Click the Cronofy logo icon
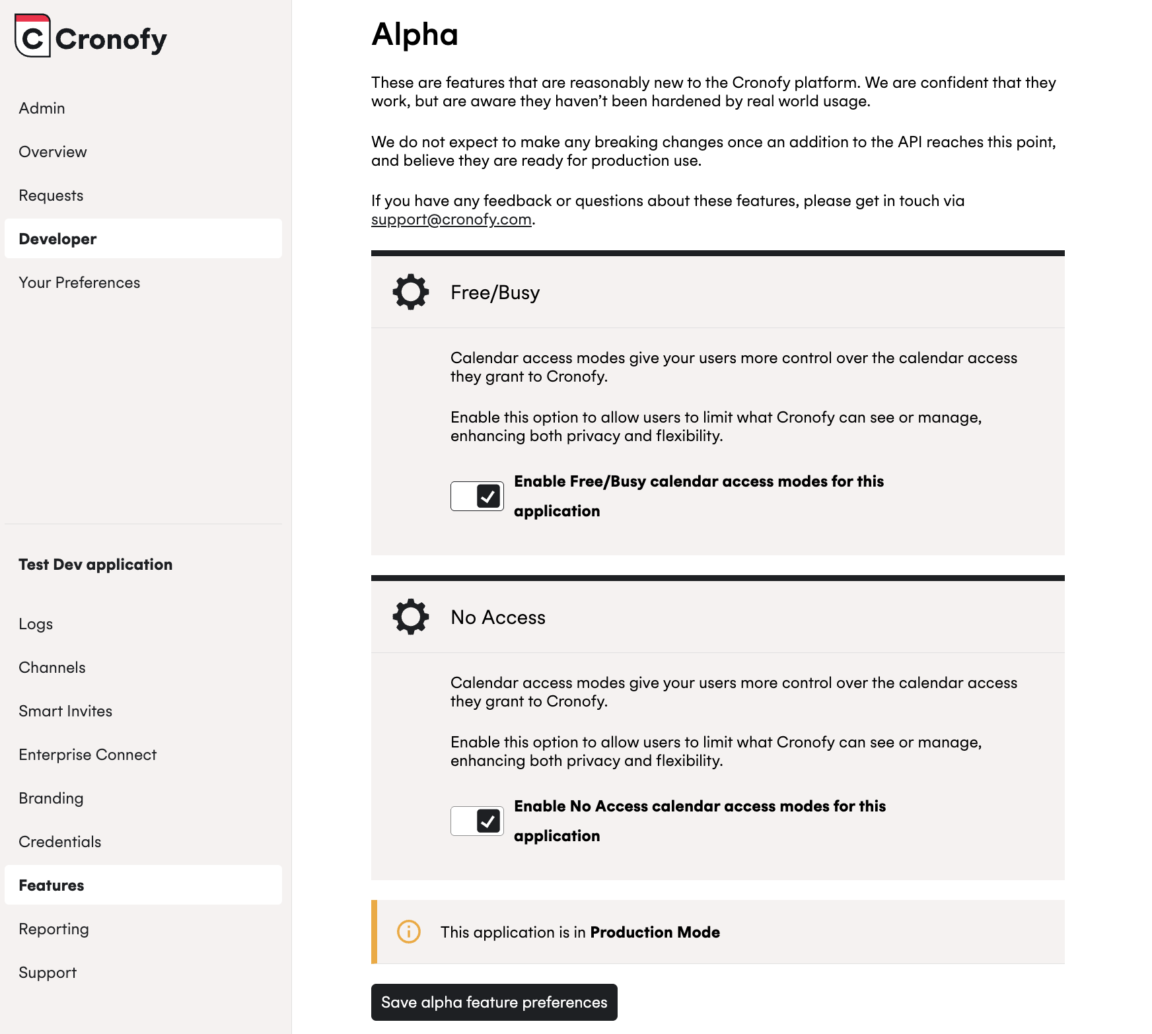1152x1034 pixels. click(32, 36)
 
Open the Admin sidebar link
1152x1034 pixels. click(42, 108)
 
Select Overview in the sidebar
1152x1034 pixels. click(53, 152)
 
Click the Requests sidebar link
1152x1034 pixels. click(51, 195)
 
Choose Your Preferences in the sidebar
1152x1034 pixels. click(79, 283)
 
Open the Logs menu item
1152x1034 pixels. click(36, 624)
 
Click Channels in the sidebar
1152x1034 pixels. click(52, 668)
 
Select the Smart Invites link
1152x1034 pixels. click(65, 711)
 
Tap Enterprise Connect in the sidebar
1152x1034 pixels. click(88, 755)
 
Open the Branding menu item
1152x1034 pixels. click(51, 798)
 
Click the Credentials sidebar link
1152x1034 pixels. click(60, 842)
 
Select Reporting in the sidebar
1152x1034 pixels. click(54, 929)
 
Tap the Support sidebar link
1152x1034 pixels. click(48, 973)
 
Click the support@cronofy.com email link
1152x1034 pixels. click(451, 219)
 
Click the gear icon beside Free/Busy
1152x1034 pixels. click(411, 292)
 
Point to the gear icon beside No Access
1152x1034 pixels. click(411, 617)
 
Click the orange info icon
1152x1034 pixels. click(409, 932)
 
